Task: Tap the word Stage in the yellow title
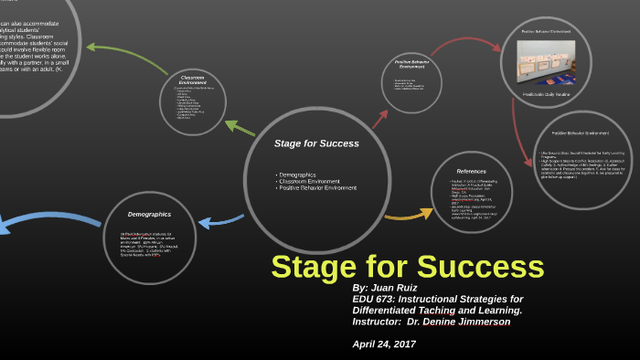click(x=323, y=266)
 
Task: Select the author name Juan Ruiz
click(x=397, y=287)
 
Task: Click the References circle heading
click(x=471, y=171)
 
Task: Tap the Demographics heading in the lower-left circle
click(x=149, y=214)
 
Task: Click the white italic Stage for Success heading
click(x=316, y=143)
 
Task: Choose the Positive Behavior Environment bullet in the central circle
click(x=317, y=187)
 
